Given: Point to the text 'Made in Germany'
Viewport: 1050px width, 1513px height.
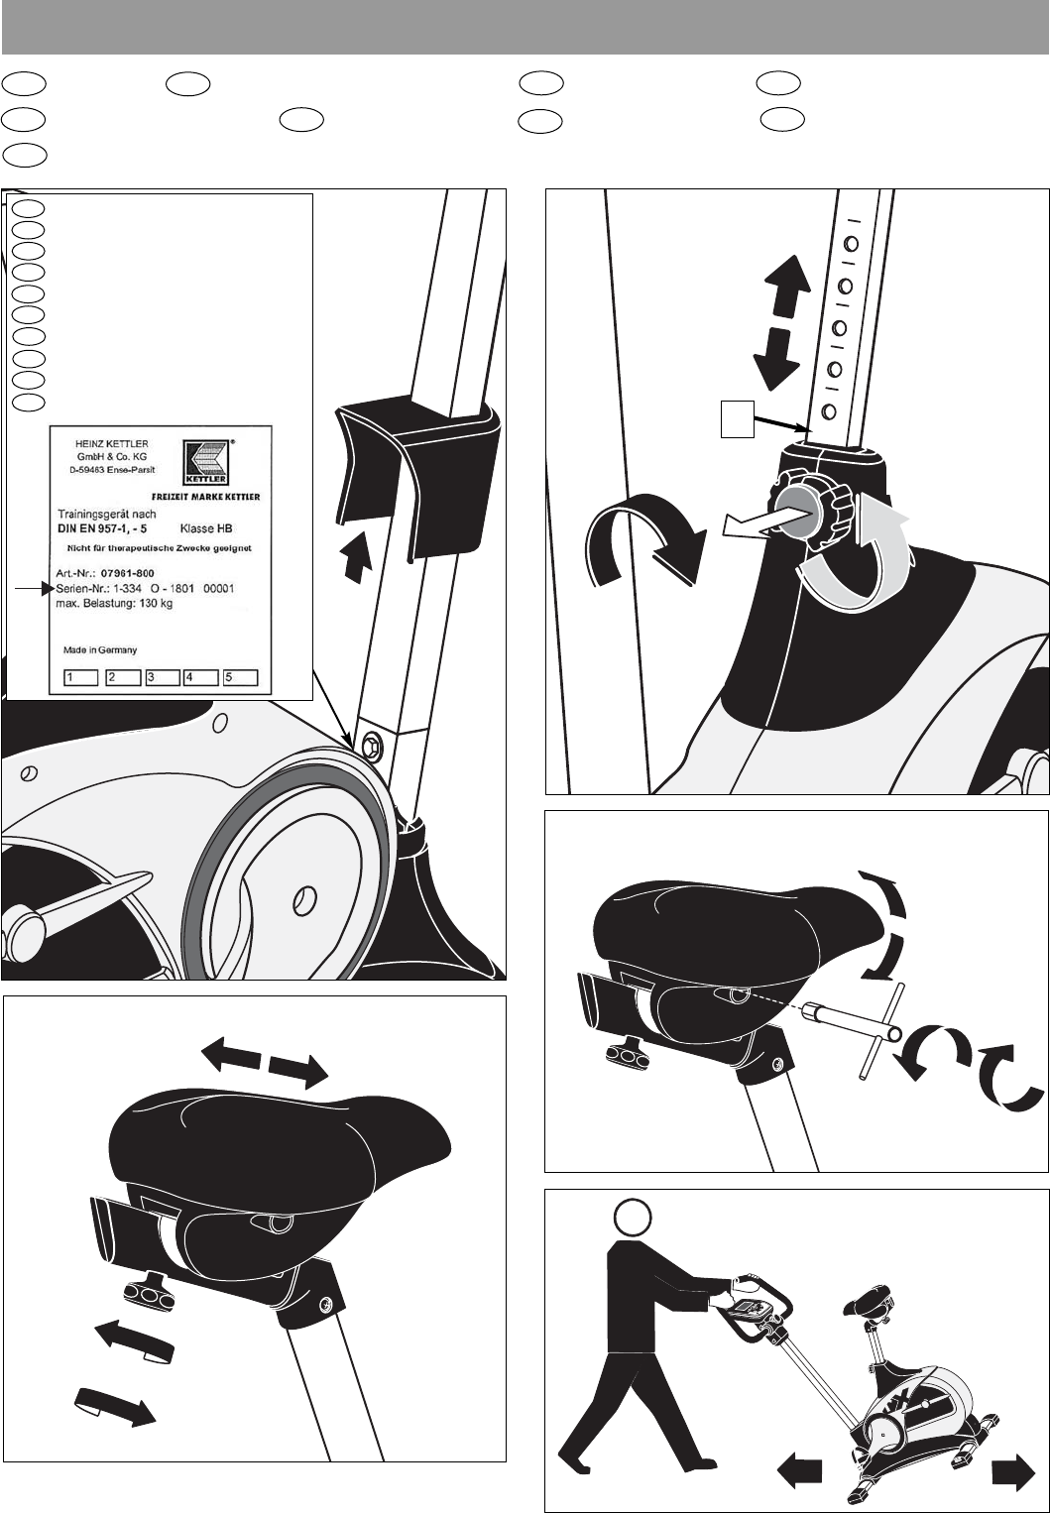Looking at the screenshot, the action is pyautogui.click(x=99, y=650).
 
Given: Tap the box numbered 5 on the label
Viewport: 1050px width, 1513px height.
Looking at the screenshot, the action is pyautogui.click(x=240, y=678).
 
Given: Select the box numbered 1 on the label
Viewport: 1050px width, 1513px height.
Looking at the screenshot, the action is pyautogui.click(x=80, y=678).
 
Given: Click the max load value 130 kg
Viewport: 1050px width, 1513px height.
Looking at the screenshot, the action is pyautogui.click(x=153, y=606).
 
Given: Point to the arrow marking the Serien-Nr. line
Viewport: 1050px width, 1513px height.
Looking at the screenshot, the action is pyautogui.click(x=32, y=590).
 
